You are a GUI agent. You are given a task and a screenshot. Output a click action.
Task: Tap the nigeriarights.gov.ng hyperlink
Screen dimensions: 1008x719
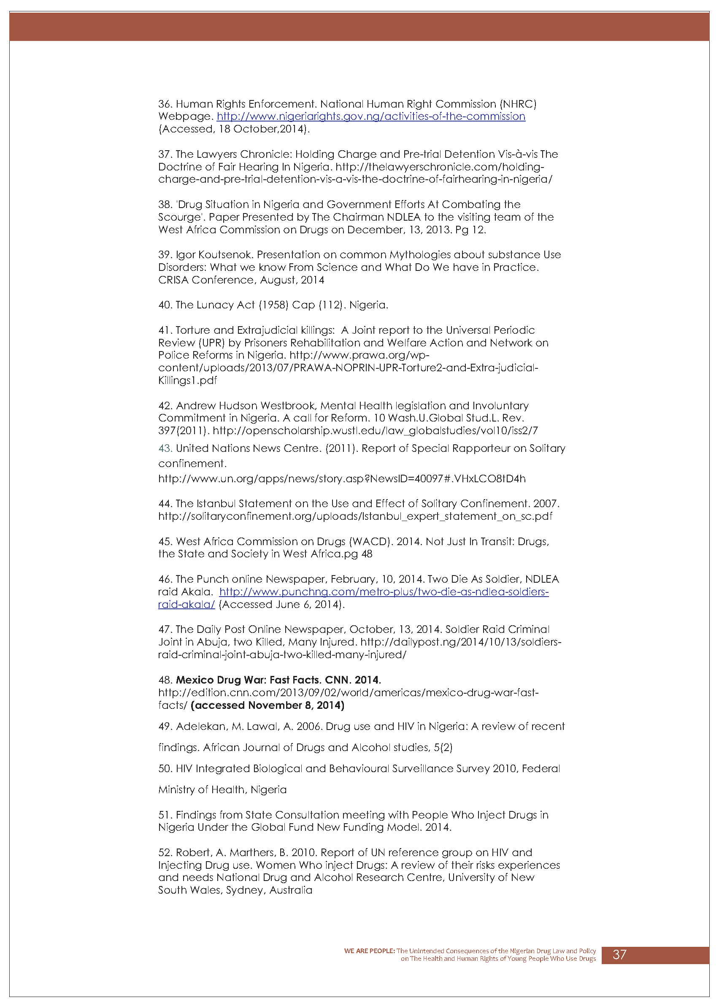tap(370, 116)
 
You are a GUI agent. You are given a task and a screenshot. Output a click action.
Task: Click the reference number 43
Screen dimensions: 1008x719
tap(165, 449)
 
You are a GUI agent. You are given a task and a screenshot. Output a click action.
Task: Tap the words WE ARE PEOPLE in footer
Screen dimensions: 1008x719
tap(369, 951)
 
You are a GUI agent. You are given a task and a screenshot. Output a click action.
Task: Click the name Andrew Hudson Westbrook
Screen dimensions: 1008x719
tap(246, 406)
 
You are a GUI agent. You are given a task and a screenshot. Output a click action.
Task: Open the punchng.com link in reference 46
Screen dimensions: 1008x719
tap(384, 592)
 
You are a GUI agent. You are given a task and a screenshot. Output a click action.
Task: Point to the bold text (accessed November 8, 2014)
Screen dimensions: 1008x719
tap(268, 705)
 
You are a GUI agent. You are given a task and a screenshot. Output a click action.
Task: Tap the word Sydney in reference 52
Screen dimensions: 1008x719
tap(244, 890)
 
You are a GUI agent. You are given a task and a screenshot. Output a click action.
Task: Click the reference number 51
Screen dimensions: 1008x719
tap(165, 815)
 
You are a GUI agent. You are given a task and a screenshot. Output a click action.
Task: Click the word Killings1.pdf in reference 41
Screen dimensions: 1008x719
tap(187, 381)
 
